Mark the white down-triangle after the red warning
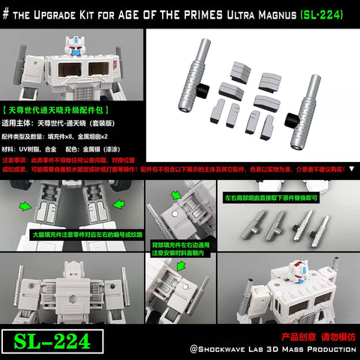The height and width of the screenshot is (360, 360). [x=353, y=170]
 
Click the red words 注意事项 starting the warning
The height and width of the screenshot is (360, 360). [x=13, y=160]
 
